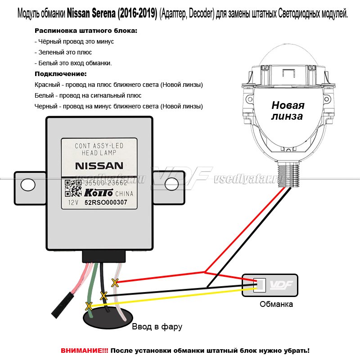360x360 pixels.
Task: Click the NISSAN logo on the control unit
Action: [x=98, y=165]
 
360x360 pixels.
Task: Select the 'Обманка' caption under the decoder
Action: [x=276, y=304]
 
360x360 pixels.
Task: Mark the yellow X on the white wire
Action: [x=115, y=283]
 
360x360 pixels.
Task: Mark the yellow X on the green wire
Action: [x=89, y=306]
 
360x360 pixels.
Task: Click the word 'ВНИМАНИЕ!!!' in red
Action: [x=84, y=350]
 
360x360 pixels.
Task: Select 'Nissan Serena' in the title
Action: [x=96, y=14]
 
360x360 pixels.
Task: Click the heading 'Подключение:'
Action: [x=60, y=74]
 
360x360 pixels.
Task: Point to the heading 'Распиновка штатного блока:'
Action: [x=86, y=31]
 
